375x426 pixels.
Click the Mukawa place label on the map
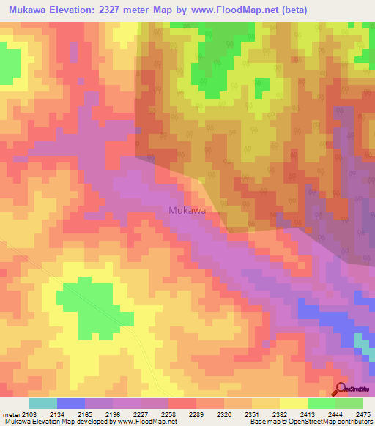tap(187, 210)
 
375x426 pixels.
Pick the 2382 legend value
tap(281, 415)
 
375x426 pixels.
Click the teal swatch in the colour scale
tap(43, 403)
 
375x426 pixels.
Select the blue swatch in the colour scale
tap(71, 403)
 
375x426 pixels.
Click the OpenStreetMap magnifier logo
tap(341, 389)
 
